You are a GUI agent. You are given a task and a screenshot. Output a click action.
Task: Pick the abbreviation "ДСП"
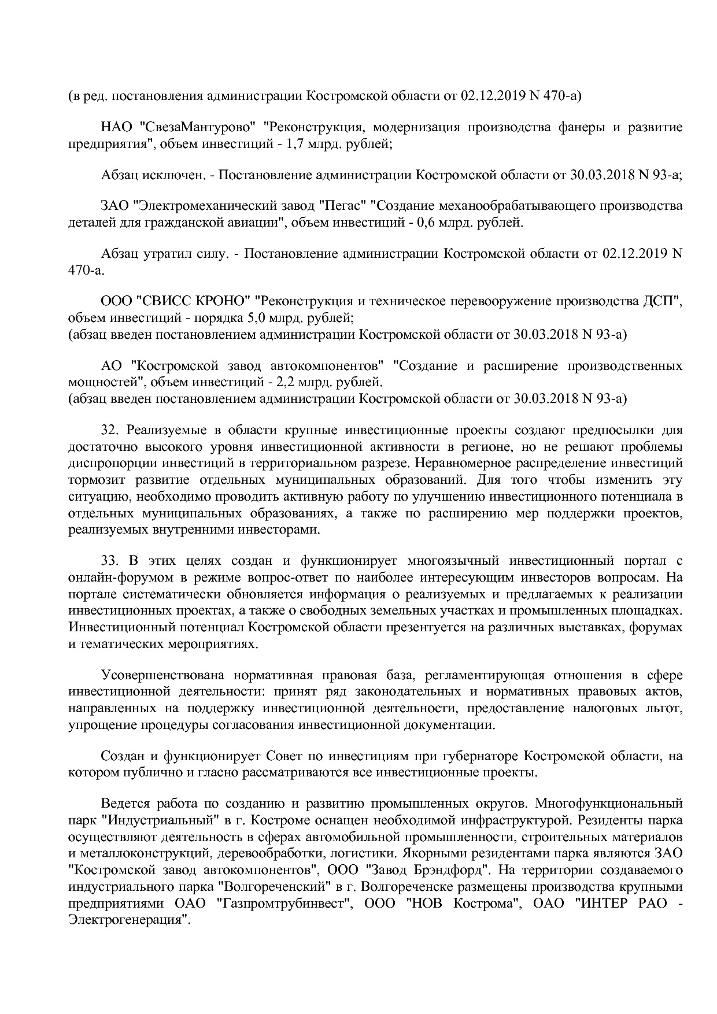click(x=658, y=301)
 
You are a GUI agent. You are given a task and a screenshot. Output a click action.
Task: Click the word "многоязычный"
click(x=452, y=561)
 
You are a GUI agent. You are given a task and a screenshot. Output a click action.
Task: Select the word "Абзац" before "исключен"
click(x=119, y=175)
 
